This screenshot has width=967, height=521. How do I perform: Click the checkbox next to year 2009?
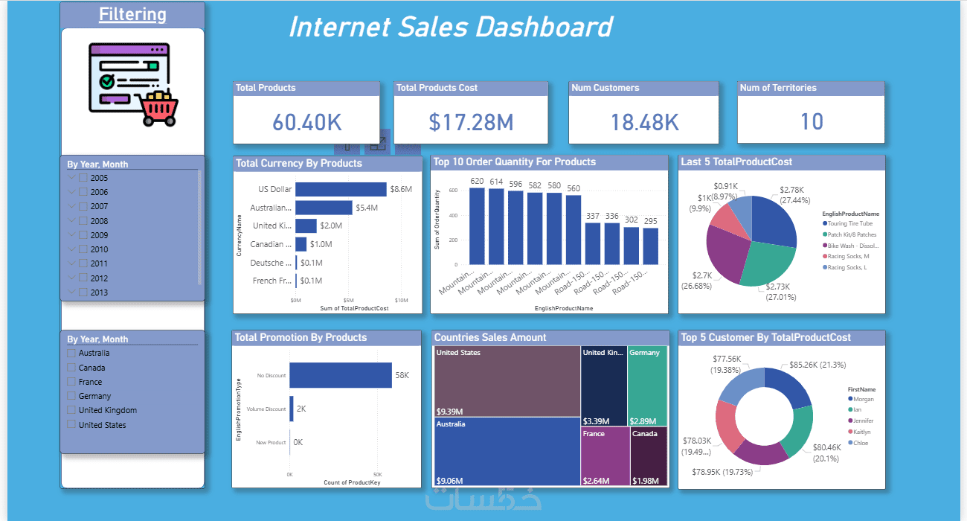pyautogui.click(x=83, y=235)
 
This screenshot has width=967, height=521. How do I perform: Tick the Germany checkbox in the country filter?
pyautogui.click(x=71, y=396)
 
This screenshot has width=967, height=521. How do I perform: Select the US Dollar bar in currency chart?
pyautogui.click(x=341, y=189)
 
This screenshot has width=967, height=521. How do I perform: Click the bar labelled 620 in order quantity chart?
pyautogui.click(x=477, y=226)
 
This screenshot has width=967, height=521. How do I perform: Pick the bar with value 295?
pyautogui.click(x=651, y=246)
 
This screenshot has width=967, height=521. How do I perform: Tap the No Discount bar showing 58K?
pyautogui.click(x=341, y=375)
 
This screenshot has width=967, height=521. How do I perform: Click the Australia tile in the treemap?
pyautogui.click(x=507, y=451)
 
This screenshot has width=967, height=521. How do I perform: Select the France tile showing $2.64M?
pyautogui.click(x=605, y=457)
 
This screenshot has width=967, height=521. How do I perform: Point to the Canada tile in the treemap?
pyautogui.click(x=649, y=457)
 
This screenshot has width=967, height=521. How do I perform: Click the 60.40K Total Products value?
pyautogui.click(x=307, y=122)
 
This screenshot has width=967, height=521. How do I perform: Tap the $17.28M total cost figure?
pyautogui.click(x=471, y=122)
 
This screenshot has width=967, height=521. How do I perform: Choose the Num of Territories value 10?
pyautogui.click(x=812, y=121)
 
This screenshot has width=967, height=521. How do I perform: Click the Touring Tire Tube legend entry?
pyautogui.click(x=849, y=223)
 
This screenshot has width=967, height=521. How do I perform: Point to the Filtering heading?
pyautogui.click(x=132, y=15)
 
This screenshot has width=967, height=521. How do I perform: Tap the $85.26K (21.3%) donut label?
pyautogui.click(x=812, y=365)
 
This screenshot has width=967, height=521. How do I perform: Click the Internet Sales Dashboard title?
pyautogui.click(x=450, y=28)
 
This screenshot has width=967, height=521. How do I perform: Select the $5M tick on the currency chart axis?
pyautogui.click(x=348, y=300)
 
